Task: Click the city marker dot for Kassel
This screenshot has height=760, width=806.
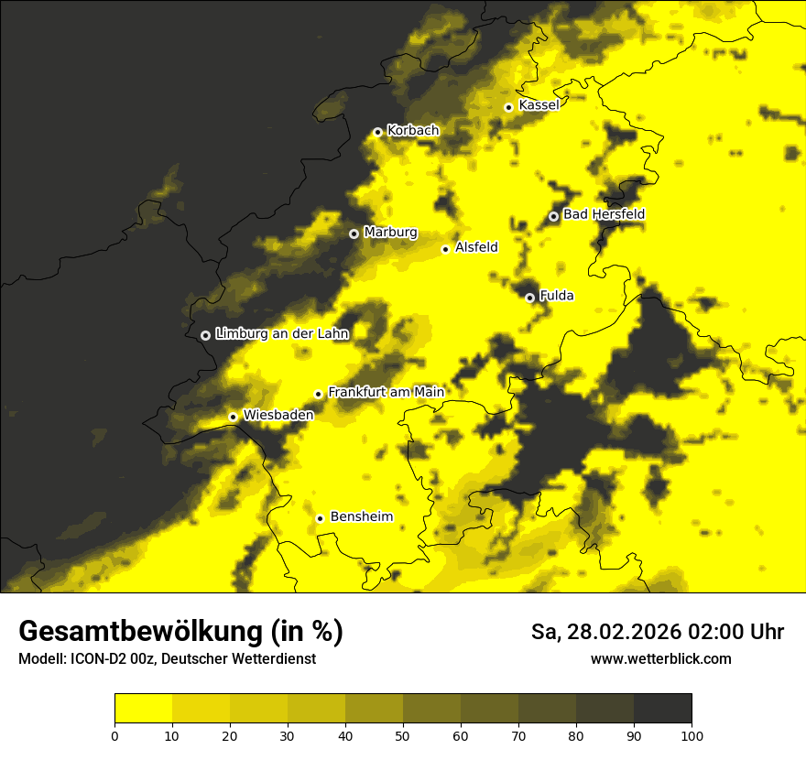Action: click(508, 107)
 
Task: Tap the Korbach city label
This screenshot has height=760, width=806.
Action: click(413, 131)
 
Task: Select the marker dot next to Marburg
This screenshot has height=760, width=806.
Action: click(354, 233)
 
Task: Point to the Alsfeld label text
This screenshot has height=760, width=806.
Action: click(476, 247)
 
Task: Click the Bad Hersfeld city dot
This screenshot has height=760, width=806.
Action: click(553, 216)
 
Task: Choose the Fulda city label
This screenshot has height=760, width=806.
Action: click(557, 296)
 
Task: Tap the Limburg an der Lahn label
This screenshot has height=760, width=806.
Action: click(282, 334)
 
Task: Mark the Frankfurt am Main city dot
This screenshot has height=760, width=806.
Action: click(319, 394)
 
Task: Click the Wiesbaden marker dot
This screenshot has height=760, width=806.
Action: click(233, 417)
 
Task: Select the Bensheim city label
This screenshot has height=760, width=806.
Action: click(361, 517)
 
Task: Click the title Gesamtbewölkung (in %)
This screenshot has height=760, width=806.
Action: click(180, 632)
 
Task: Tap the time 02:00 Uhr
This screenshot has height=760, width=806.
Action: click(741, 632)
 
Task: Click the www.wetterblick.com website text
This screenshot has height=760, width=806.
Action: click(661, 658)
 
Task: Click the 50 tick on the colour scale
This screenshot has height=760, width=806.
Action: click(403, 735)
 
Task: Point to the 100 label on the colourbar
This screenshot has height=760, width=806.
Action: click(692, 735)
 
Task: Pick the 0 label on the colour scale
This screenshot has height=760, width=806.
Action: click(114, 735)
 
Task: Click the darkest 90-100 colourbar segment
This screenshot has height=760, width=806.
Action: click(662, 708)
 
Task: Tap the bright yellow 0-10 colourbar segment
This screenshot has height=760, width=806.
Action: click(143, 708)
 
